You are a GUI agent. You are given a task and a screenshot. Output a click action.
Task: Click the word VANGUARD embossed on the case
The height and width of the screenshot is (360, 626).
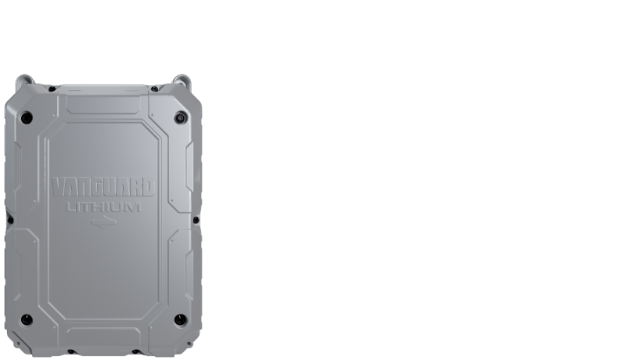click(103, 187)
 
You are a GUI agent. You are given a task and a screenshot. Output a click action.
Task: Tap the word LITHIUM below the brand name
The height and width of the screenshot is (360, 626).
click(103, 207)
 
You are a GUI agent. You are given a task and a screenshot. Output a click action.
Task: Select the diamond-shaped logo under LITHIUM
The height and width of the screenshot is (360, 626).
click(103, 221)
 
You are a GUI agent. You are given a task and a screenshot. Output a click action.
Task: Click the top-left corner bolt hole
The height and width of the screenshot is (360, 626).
click(27, 117)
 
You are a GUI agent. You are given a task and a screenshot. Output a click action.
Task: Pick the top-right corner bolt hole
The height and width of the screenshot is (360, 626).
click(180, 117)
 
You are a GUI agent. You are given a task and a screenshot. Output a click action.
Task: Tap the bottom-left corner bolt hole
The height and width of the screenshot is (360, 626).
click(27, 319)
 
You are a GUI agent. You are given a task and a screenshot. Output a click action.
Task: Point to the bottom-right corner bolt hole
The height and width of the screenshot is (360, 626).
click(180, 319)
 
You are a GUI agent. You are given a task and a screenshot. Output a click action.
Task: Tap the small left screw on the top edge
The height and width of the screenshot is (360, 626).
click(52, 88)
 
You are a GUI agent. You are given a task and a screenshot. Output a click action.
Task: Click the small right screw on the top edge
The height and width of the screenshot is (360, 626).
click(155, 88)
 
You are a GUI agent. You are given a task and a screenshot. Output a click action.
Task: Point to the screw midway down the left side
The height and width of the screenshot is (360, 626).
click(10, 219)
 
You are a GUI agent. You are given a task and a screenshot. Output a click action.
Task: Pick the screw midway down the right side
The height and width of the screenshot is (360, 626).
click(196, 219)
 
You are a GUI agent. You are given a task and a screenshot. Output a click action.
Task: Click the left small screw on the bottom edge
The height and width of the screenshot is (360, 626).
click(70, 351)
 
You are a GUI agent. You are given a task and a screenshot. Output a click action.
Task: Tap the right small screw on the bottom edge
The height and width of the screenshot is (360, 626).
click(136, 351)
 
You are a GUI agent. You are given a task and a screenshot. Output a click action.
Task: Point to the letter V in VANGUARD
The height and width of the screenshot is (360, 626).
click(58, 187)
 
